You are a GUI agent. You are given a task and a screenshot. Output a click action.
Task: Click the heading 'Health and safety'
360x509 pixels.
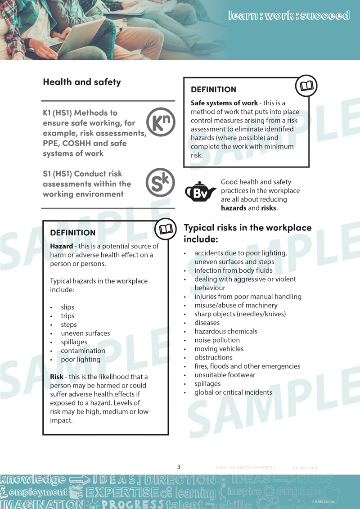tap(82, 82)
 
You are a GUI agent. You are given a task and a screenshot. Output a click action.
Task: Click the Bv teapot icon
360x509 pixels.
tap(201, 192)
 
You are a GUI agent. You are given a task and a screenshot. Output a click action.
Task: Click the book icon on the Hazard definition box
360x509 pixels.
tap(166, 229)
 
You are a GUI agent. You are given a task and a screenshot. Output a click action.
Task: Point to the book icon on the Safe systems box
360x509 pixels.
tap(306, 86)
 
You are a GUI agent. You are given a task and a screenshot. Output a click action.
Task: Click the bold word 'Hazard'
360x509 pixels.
tap(61, 247)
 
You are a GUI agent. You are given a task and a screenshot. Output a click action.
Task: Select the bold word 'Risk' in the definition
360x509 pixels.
tap(57, 377)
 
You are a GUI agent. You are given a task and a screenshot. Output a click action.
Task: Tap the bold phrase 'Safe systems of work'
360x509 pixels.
tap(224, 103)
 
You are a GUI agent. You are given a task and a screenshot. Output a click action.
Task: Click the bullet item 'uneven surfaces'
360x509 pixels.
tap(85, 333)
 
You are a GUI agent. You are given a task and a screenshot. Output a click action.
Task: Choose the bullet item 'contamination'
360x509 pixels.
tap(83, 351)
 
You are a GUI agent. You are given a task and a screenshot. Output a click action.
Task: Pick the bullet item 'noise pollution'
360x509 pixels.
tap(217, 340)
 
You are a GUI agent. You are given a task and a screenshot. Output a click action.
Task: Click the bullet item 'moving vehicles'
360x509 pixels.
tap(219, 349)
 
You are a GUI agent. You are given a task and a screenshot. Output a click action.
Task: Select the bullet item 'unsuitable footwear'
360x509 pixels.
tap(225, 375)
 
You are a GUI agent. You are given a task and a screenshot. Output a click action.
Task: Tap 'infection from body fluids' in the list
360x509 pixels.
tap(234, 270)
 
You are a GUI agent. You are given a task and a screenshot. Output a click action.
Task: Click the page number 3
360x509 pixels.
tap(179, 467)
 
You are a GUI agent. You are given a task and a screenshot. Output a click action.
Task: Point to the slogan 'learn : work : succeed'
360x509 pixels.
tap(288, 15)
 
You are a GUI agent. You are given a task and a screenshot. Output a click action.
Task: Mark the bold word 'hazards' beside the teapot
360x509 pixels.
tap(234, 208)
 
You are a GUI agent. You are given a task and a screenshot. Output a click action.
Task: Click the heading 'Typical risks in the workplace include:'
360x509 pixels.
tap(247, 233)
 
